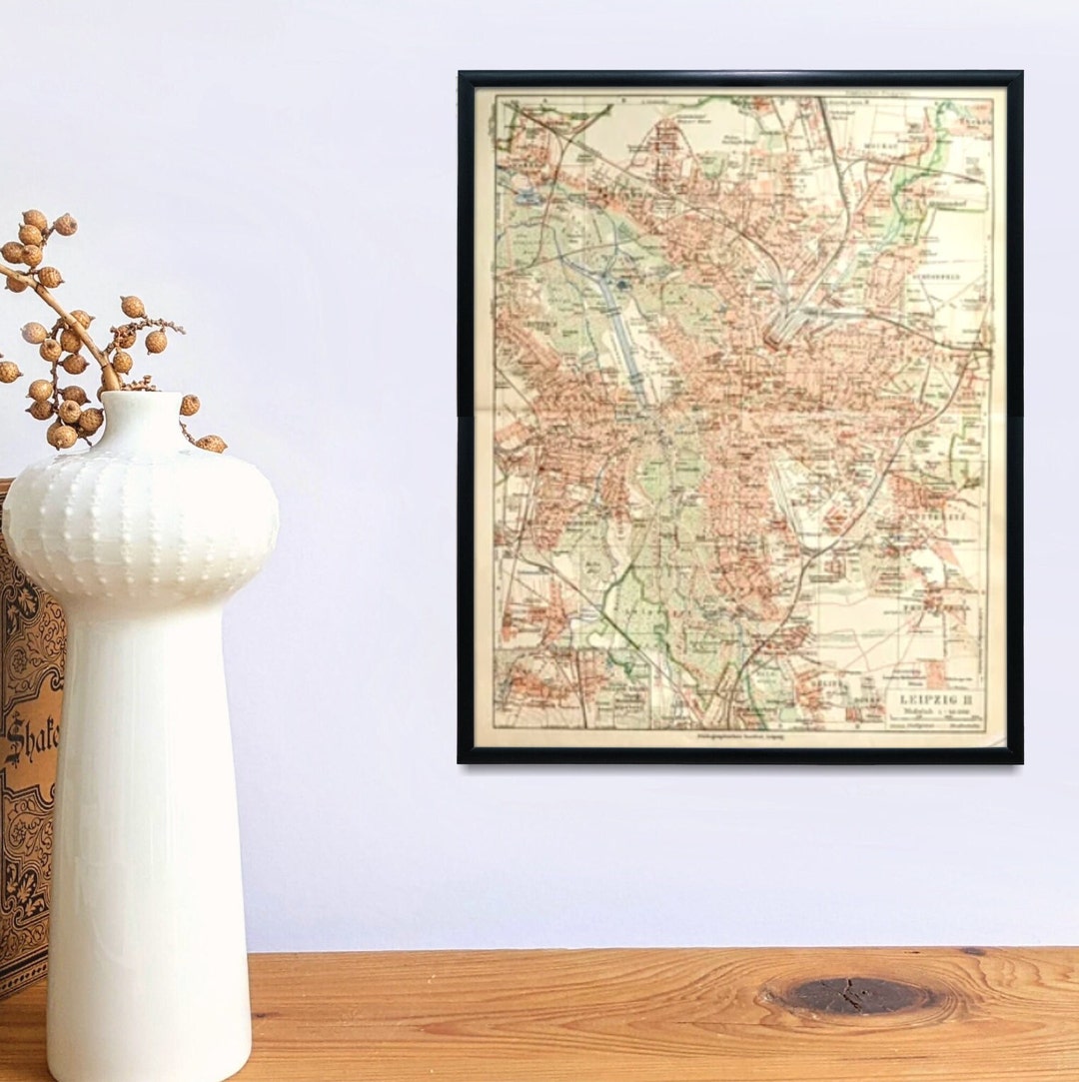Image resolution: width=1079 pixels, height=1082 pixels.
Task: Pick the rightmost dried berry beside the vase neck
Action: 212,443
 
